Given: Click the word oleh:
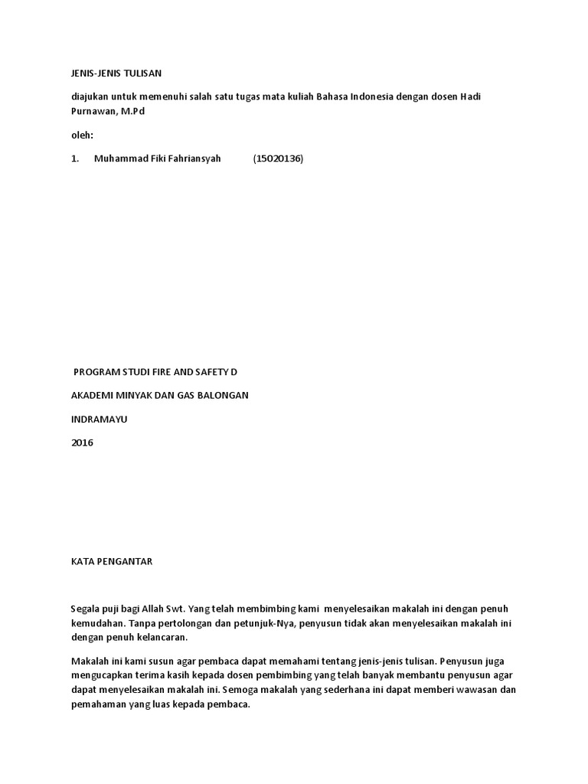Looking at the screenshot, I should [81, 135].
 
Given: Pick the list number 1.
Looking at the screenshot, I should [74, 158].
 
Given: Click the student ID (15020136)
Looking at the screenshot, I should [278, 158].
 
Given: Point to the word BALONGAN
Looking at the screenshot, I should [221, 395].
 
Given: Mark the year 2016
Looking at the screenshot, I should [82, 443].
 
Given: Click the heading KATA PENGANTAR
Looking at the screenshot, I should [112, 561].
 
